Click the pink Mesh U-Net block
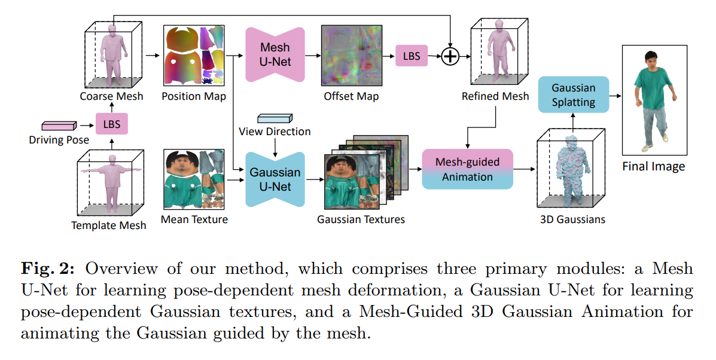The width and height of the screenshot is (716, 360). coord(275,54)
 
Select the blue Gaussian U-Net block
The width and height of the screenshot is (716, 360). coord(275,179)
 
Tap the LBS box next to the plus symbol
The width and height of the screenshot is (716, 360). coord(412,56)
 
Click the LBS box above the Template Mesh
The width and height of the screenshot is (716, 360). coord(112,124)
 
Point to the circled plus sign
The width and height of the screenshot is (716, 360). coord(450,56)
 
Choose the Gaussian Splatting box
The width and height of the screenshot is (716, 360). coord(573,94)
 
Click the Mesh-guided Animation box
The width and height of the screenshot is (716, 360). coord(467,169)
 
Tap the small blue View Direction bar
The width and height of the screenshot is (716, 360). coord(274,118)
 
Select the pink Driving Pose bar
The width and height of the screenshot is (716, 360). coord(59,126)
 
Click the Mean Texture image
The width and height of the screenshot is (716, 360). coord(194,179)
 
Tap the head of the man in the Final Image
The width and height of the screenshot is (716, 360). coord(652,60)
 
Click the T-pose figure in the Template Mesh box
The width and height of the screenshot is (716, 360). coord(111,179)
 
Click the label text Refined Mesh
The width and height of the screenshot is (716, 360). coord(495,96)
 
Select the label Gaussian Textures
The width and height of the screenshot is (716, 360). coord(361,219)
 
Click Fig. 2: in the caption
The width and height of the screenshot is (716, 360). coord(47,269)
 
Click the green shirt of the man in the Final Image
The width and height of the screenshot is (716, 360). coord(654,84)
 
